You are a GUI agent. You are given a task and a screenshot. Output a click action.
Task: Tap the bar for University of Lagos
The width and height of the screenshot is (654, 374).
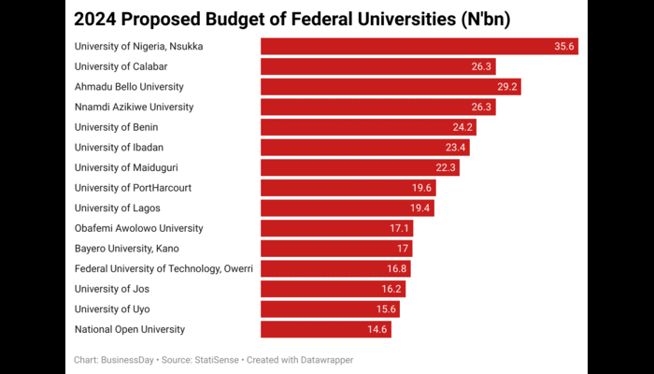(x=347, y=208)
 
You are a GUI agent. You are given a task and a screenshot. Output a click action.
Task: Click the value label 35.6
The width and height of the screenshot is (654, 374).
(x=564, y=46)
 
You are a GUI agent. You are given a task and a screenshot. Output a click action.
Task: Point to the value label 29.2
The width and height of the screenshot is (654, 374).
(x=507, y=87)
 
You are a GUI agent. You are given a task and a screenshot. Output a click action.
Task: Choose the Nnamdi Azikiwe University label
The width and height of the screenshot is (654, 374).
(x=134, y=107)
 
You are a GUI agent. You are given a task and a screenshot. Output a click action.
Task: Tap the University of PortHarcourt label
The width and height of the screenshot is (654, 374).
(x=133, y=187)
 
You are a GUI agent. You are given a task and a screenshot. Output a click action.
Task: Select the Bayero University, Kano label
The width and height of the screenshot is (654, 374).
(x=126, y=249)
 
